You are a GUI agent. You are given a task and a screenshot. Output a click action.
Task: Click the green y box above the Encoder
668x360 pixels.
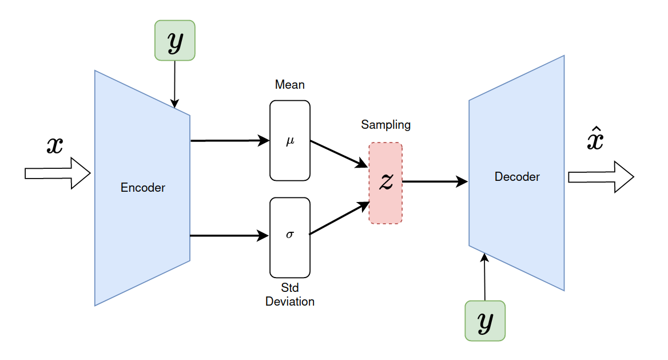(174, 41)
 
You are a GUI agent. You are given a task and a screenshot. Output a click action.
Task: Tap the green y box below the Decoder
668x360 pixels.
(485, 321)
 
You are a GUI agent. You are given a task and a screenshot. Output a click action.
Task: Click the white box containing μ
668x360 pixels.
(289, 141)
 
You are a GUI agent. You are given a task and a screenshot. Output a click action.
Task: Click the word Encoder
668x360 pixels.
(143, 188)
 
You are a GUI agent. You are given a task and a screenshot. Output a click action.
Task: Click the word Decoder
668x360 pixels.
(516, 177)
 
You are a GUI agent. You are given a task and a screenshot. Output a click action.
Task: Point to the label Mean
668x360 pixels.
(289, 85)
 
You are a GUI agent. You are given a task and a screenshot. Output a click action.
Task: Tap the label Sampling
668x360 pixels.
(385, 125)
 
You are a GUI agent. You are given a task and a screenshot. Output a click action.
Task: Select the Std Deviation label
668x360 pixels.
(289, 295)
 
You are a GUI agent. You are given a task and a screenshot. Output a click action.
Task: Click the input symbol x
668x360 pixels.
(55, 146)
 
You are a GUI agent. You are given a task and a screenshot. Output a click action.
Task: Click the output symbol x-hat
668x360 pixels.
(595, 140)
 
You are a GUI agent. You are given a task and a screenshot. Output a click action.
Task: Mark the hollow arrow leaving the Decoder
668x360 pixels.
(601, 177)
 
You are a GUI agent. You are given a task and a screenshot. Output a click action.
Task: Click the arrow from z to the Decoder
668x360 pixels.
(435, 182)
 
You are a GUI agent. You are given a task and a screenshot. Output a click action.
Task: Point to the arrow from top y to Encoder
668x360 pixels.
(174, 83)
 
